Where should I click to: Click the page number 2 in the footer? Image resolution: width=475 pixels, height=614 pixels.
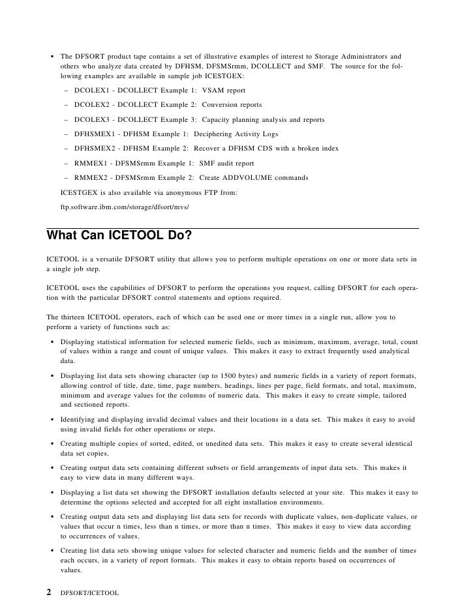click(x=48, y=592)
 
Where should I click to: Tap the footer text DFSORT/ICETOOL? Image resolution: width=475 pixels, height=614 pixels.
click(x=87, y=593)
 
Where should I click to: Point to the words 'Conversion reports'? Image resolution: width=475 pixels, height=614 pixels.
click(x=232, y=105)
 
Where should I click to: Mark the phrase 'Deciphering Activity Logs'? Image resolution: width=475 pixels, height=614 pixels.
click(x=236, y=134)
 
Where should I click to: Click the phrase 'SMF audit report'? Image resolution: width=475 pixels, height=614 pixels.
click(x=224, y=163)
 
